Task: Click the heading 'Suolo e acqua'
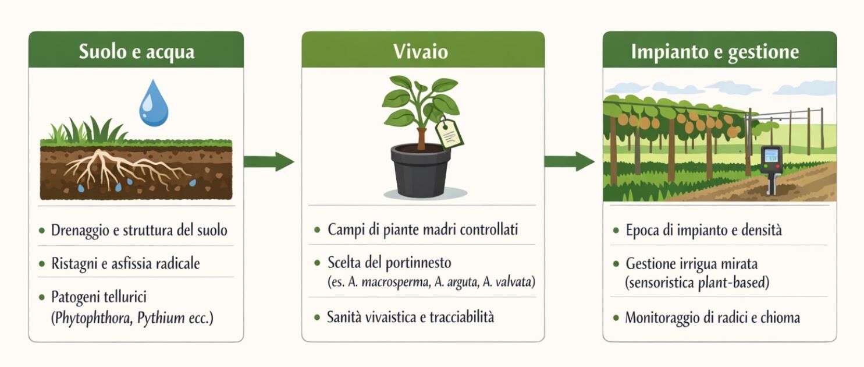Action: point(137,52)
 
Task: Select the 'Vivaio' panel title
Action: point(421,51)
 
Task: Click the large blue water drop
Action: point(154,103)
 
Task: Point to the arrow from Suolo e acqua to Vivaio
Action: point(269,161)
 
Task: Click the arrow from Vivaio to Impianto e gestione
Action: point(570,161)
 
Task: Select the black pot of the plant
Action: point(421,170)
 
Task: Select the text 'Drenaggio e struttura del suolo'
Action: point(139,230)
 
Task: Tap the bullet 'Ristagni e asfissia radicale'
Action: point(125,263)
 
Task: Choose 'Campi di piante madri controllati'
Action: point(423,230)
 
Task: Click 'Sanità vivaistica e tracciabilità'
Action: point(410,317)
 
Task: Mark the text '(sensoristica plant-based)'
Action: point(698,283)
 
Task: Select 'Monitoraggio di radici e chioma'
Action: point(712,317)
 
